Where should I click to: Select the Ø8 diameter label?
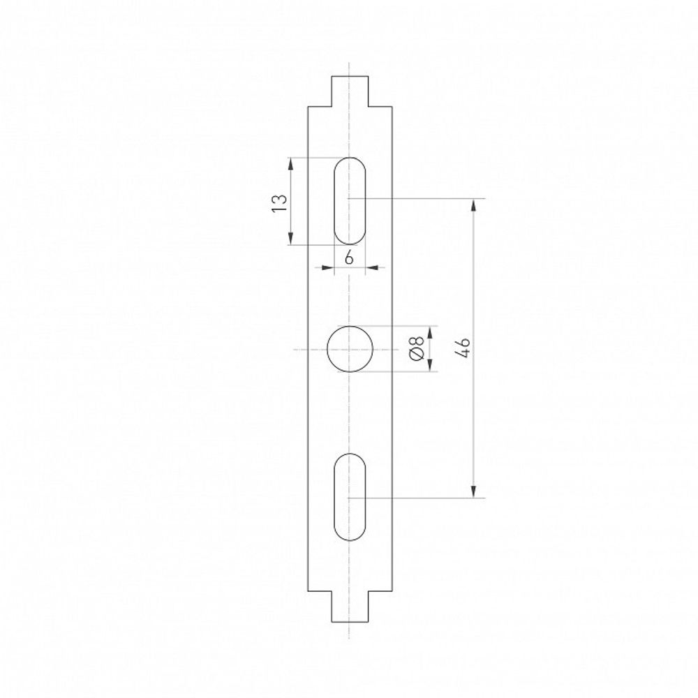(417, 348)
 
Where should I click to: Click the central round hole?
(350, 348)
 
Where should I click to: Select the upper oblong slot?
(350, 201)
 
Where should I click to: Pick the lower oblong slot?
(350, 497)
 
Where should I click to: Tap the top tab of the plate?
(349, 91)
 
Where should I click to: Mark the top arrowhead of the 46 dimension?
(474, 205)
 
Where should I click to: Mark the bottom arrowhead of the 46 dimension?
(474, 491)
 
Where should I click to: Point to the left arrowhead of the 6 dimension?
(328, 267)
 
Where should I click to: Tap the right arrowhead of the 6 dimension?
(371, 267)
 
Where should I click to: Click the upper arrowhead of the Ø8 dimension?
(429, 330)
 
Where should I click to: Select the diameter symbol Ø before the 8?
(417, 356)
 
